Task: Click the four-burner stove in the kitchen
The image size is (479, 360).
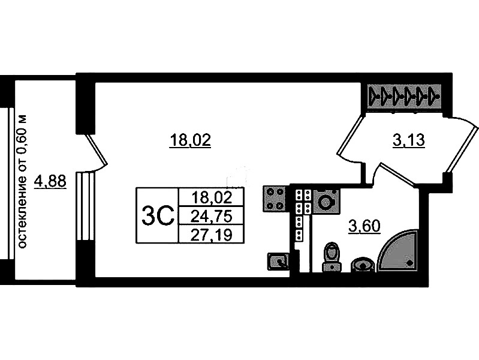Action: click(275, 199)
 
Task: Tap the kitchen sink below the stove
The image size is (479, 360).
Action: click(278, 261)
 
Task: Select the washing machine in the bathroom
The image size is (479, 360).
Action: click(327, 201)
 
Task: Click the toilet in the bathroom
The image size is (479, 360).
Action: click(332, 257)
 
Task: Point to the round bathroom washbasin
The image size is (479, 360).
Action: click(363, 265)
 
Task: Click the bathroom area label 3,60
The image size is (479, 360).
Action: click(364, 227)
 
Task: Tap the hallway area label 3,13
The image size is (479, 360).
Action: click(408, 140)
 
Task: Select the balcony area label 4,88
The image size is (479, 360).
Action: click(50, 182)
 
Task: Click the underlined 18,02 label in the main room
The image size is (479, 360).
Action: click(190, 140)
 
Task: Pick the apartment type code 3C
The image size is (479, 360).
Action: click(158, 215)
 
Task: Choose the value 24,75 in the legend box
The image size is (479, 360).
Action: click(211, 217)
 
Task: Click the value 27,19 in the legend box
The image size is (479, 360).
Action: click(211, 235)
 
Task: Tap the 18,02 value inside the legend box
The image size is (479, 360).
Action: click(212, 197)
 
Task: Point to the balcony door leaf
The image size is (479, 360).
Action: click(95, 150)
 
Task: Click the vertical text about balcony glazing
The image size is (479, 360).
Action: click(23, 181)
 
